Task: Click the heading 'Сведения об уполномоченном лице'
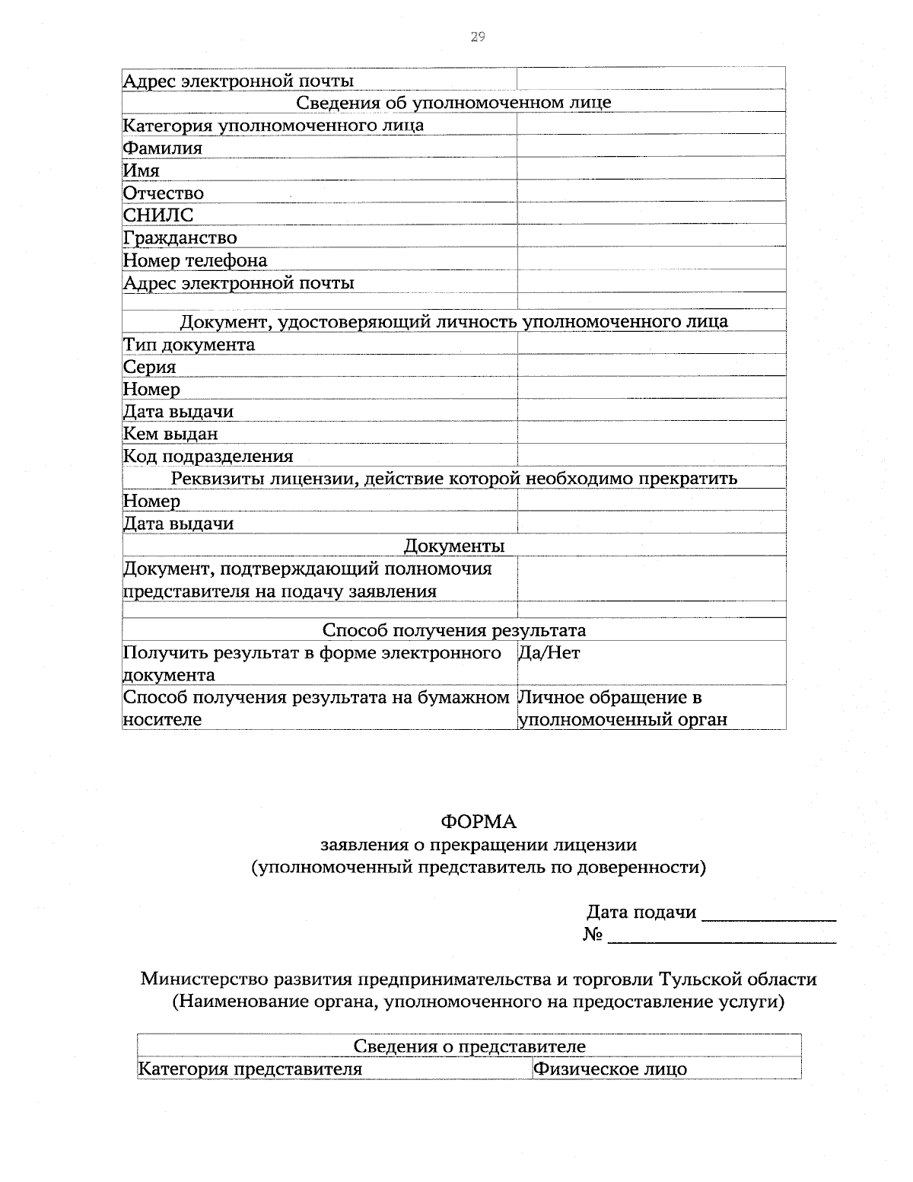[x=453, y=102]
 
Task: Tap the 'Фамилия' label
[x=163, y=148]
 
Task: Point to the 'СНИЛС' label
[x=158, y=215]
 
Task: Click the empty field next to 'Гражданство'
[x=651, y=237]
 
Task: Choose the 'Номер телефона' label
[x=196, y=260]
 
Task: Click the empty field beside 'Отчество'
[x=651, y=193]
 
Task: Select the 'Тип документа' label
[x=189, y=344]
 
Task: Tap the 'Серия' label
[x=150, y=367]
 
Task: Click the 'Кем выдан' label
[x=171, y=434]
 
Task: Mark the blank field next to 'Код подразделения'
[x=651, y=456]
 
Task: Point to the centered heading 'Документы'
[x=453, y=546]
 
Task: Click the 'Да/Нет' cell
[x=549, y=653]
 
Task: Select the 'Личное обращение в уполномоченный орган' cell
[x=622, y=709]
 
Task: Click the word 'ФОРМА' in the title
[x=479, y=822]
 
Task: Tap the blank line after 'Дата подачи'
[x=768, y=913]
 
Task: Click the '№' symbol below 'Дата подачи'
[x=593, y=935]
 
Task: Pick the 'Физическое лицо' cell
[x=610, y=1069]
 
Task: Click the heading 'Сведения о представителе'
[x=469, y=1047]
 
